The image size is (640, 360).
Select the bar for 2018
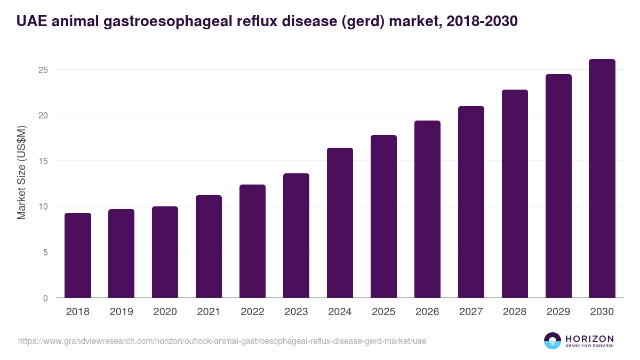click(x=78, y=255)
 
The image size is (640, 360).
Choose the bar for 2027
click(x=471, y=202)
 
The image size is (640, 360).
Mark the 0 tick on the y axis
click(x=46, y=298)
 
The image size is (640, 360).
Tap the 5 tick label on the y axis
click(x=46, y=252)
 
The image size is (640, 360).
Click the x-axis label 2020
click(x=165, y=312)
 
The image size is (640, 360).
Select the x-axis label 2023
click(x=296, y=312)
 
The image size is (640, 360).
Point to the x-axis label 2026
click(x=427, y=312)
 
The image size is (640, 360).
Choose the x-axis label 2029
click(x=558, y=312)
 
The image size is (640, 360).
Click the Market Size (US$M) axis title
click(x=21, y=172)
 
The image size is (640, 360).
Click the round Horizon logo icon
click(x=553, y=341)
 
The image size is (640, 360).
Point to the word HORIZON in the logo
click(x=589, y=338)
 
